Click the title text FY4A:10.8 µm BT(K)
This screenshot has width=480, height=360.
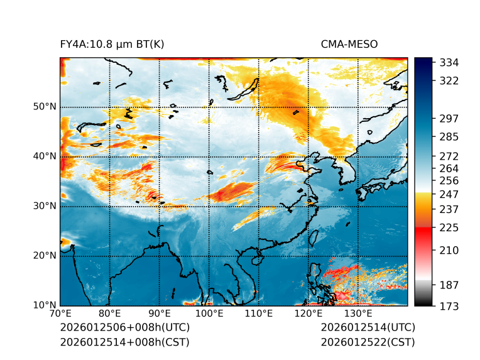112,44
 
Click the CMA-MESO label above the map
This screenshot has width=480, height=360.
349,44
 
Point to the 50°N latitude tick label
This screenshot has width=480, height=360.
45,107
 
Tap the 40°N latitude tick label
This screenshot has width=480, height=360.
45,156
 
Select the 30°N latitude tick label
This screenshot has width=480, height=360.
45,206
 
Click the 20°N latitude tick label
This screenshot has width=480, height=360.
45,256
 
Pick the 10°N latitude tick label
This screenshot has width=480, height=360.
45,306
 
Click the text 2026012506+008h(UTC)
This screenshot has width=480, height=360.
124,327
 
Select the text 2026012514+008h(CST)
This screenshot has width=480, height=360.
124,342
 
